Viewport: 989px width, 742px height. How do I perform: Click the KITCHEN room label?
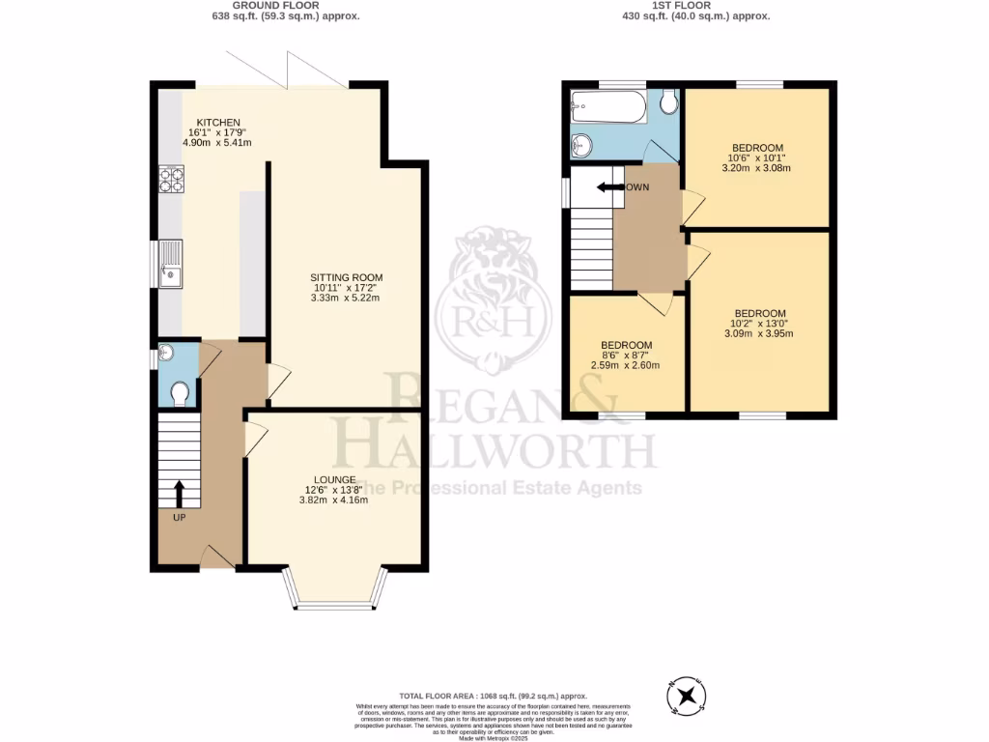click(x=217, y=122)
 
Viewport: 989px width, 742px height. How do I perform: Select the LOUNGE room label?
click(x=334, y=479)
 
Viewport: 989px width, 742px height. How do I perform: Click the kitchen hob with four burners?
click(x=170, y=181)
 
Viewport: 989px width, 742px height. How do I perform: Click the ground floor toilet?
click(x=179, y=392)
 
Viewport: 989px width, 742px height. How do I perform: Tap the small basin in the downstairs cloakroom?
click(x=166, y=353)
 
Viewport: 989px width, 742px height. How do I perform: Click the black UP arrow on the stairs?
click(x=179, y=493)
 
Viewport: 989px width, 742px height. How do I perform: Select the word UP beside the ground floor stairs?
click(x=179, y=518)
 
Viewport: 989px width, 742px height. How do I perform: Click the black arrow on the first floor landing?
click(x=609, y=186)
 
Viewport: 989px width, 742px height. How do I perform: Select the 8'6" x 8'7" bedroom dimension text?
click(x=626, y=356)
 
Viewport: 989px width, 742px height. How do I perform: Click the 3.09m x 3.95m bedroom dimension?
click(x=759, y=334)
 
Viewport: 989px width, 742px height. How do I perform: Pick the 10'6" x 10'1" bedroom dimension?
click(x=758, y=157)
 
